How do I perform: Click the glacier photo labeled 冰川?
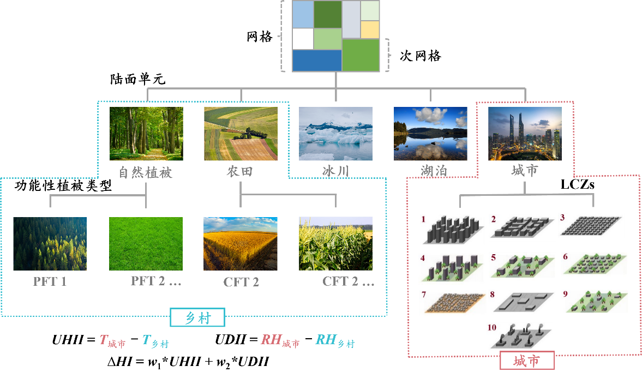point(335,134)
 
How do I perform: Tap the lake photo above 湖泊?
point(430,134)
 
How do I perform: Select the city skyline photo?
point(525,134)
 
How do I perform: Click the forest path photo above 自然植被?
point(146,134)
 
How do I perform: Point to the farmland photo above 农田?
point(241,134)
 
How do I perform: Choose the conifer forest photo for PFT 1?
point(50,244)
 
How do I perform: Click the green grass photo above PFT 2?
point(146,244)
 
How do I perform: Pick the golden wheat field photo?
point(241,244)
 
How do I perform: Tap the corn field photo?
point(335,244)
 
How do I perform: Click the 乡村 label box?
point(197,317)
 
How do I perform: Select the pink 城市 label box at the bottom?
point(527,361)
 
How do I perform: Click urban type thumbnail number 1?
point(453,231)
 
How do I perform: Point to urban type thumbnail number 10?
point(519,337)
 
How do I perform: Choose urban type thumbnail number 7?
point(453,303)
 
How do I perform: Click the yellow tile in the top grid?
point(370,29)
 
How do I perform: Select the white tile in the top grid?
point(303,39)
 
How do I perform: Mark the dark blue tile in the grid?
point(317,60)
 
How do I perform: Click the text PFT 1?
point(50,282)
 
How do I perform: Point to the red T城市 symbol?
point(112,341)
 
